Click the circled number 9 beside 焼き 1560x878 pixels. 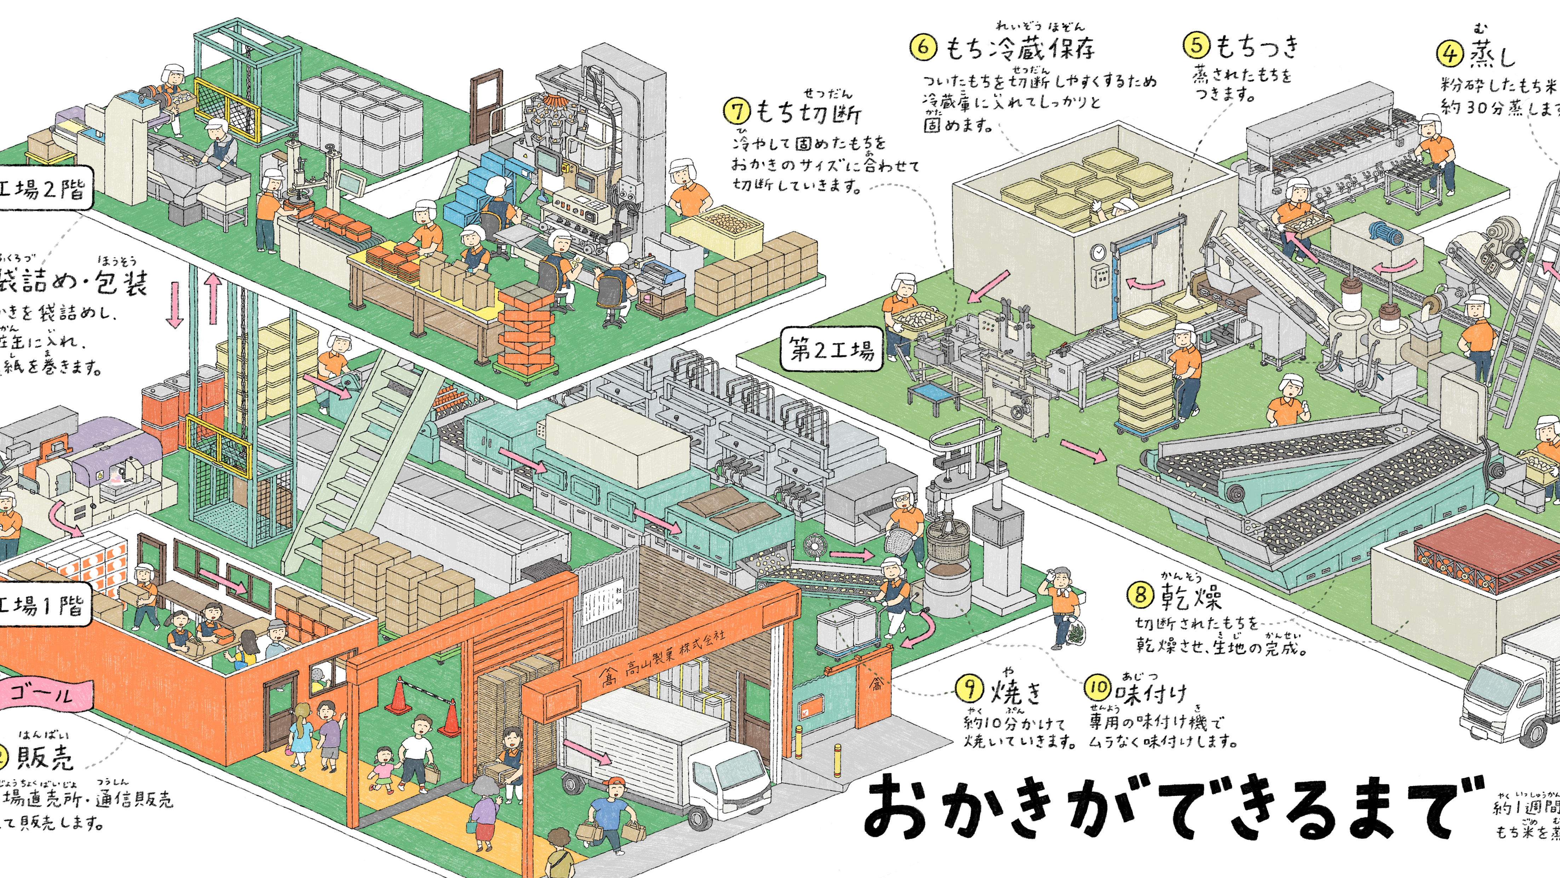970,688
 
